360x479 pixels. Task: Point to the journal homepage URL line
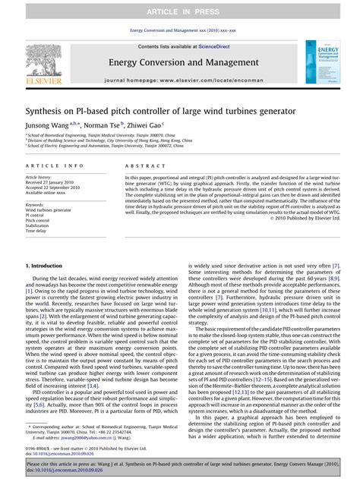180,79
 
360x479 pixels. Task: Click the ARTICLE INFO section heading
55,165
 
